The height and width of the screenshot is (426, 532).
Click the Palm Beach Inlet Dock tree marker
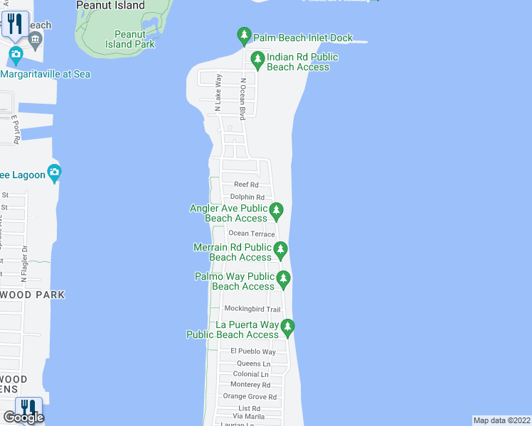[244, 35]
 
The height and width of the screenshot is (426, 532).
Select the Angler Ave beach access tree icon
[277, 210]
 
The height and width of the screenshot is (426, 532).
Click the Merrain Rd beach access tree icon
[281, 249]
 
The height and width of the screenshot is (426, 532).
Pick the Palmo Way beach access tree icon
[283, 278]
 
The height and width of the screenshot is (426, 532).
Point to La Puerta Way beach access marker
[287, 327]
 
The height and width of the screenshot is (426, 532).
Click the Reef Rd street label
[245, 184]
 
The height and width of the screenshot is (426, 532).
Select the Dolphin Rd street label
[247, 197]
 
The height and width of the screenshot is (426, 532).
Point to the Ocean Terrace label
[251, 234]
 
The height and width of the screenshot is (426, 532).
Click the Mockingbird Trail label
[252, 309]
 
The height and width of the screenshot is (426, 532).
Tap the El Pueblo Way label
[252, 351]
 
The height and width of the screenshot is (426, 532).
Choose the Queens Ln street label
[252, 364]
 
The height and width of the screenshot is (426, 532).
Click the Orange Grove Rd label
[250, 396]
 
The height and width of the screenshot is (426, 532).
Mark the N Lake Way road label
[218, 92]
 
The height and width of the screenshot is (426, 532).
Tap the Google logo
[23, 417]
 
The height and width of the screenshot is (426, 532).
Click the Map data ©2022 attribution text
[502, 420]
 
